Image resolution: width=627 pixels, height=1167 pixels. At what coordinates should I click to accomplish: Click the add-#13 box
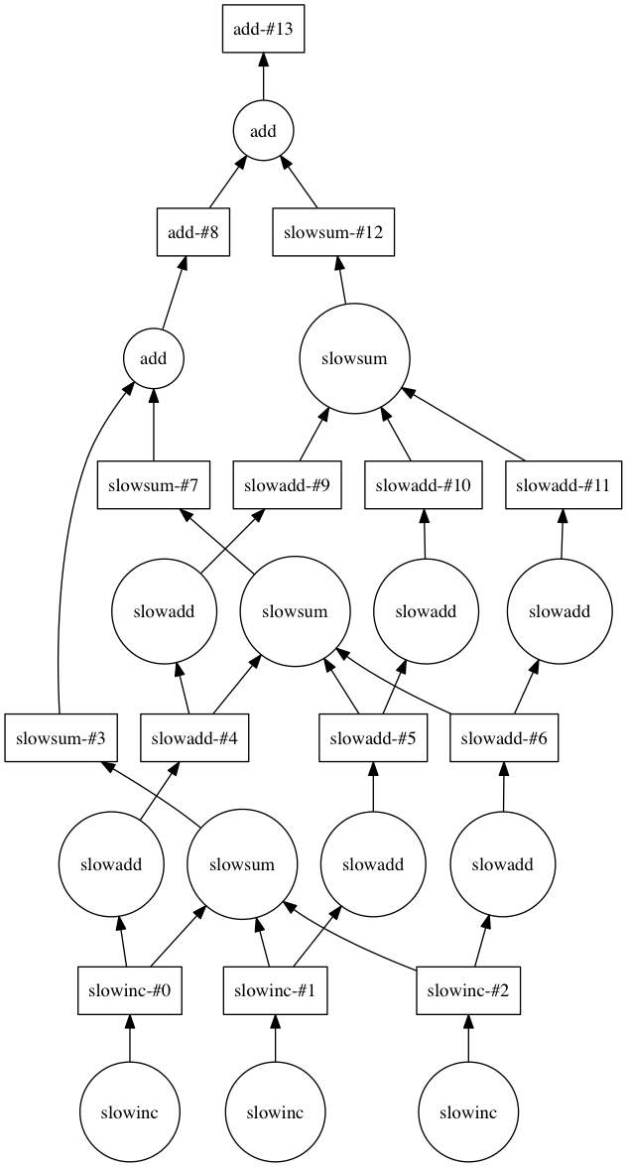[263, 29]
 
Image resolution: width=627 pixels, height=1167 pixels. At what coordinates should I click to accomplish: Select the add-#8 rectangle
[193, 233]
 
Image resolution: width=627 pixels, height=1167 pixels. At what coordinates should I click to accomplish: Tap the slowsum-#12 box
[334, 233]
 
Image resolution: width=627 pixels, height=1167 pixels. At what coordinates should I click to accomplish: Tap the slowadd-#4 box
[194, 737]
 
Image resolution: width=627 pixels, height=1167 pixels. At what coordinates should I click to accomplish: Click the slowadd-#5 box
[373, 737]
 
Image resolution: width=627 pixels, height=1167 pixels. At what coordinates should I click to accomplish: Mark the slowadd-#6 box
[504, 737]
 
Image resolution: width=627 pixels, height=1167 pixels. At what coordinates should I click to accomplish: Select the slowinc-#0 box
[130, 989]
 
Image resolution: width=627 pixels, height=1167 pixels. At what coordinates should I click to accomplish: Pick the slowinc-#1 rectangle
[275, 989]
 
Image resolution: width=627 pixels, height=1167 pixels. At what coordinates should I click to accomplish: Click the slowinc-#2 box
[468, 989]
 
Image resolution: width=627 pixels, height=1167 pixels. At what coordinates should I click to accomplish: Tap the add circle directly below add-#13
[263, 131]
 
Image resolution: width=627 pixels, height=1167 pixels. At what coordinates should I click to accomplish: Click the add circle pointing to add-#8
[153, 359]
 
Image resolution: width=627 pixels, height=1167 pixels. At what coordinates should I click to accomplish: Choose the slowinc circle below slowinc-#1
[275, 1110]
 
